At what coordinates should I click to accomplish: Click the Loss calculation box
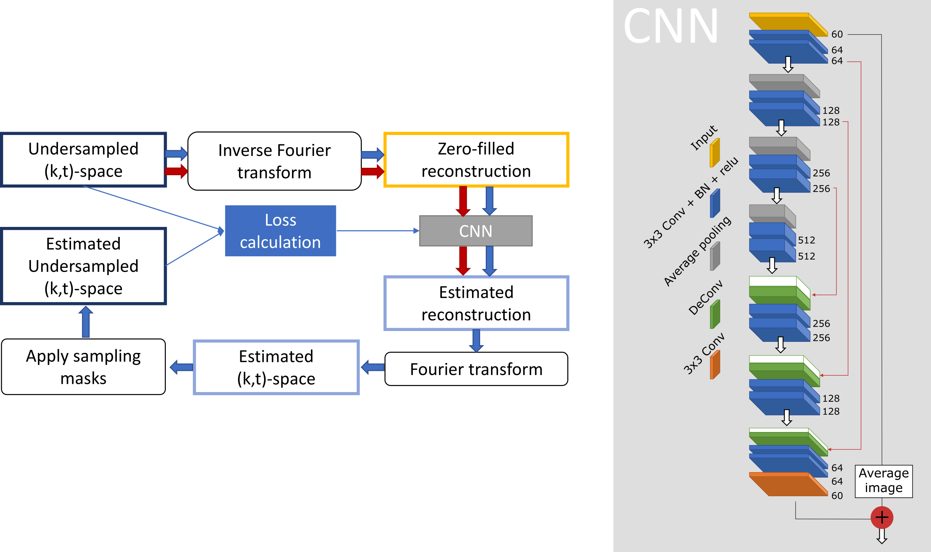[x=280, y=231]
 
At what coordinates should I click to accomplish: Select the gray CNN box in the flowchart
[x=476, y=231]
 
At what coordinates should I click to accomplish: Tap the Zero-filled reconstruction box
[x=476, y=160]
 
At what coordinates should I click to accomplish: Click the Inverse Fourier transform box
[x=275, y=161]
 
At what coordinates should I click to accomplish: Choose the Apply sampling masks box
[x=83, y=367]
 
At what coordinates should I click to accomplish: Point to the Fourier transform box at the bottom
[x=476, y=369]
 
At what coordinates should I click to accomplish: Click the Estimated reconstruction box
[x=476, y=303]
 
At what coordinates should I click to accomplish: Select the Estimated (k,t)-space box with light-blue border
[x=276, y=367]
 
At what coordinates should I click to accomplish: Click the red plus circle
[x=882, y=517]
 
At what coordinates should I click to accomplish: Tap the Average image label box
[x=883, y=481]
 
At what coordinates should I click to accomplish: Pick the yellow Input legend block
[x=715, y=153]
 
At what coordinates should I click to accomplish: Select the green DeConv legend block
[x=715, y=315]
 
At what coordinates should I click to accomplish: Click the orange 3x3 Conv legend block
[x=715, y=365]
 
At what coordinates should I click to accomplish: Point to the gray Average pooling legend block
[x=715, y=257]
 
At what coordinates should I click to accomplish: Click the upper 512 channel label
[x=806, y=240]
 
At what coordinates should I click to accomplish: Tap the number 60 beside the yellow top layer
[x=837, y=34]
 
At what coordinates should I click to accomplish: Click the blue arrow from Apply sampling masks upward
[x=86, y=322]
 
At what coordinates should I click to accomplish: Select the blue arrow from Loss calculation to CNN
[x=378, y=231]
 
